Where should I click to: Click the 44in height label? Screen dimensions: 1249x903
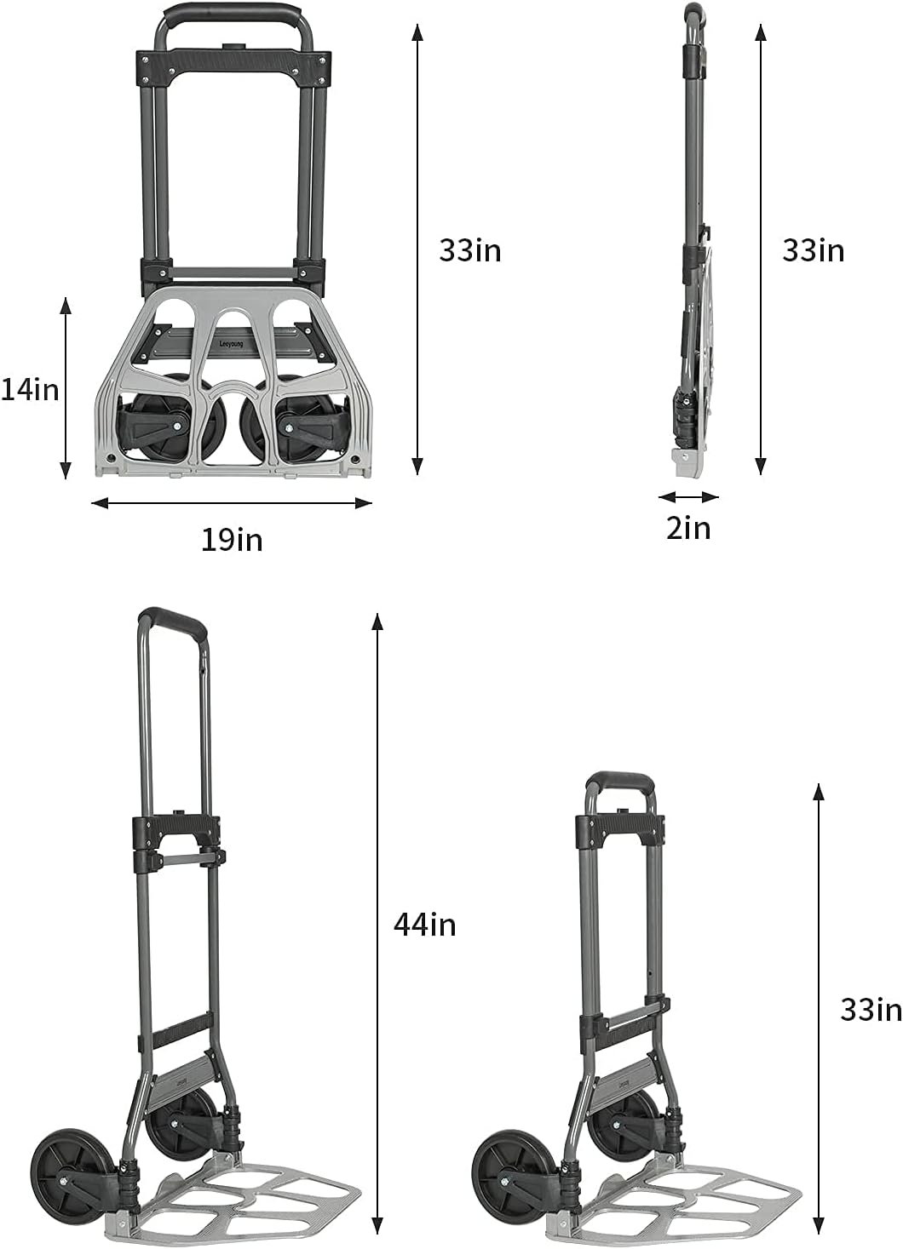(424, 924)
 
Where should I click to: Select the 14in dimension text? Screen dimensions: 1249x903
(30, 389)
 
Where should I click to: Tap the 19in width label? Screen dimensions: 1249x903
(232, 539)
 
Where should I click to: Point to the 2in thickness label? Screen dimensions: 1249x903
(688, 528)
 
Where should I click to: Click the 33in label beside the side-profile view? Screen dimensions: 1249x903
(814, 250)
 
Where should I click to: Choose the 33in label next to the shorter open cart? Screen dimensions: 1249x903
(871, 1009)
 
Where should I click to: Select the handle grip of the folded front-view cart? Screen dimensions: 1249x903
(233, 14)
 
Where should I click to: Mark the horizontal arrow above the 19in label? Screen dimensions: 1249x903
(232, 503)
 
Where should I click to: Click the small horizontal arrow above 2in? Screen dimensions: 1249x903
(688, 496)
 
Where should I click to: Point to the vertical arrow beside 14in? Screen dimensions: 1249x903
(66, 388)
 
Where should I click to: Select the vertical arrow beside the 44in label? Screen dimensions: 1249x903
(377, 924)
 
